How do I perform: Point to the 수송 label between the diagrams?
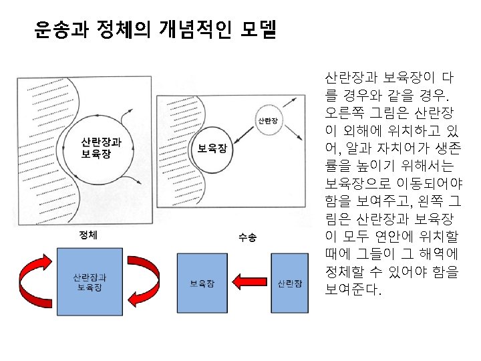(247, 237)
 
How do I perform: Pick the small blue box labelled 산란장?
(289, 283)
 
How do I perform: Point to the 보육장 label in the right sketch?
(212, 148)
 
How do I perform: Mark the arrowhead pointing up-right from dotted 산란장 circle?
(293, 100)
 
